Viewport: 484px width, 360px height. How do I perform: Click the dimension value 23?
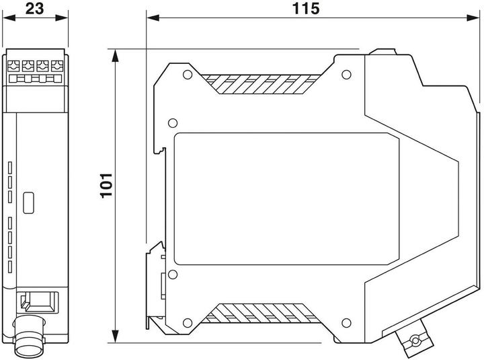click(36, 9)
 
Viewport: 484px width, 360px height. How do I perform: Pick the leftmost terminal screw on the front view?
click(14, 66)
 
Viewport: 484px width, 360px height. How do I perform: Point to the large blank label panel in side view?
click(286, 199)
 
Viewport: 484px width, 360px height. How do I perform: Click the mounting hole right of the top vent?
click(346, 77)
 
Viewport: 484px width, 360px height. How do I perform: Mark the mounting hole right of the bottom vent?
click(346, 321)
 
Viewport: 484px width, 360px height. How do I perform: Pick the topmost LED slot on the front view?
click(11, 166)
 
